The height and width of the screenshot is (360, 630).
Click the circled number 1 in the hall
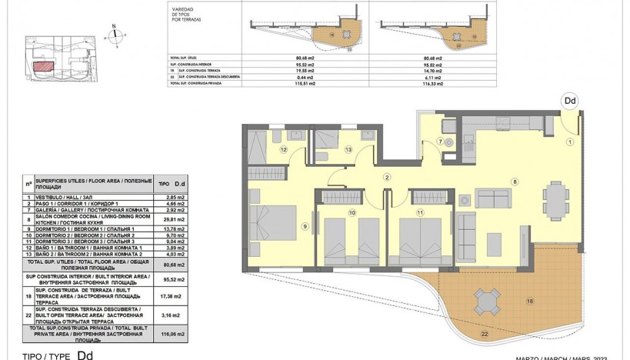pyautogui.click(x=570, y=142)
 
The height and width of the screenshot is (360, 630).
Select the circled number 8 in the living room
pyautogui.click(x=515, y=182)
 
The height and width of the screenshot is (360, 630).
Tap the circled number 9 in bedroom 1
pyautogui.click(x=305, y=225)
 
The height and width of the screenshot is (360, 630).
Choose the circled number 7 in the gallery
pyautogui.click(x=441, y=142)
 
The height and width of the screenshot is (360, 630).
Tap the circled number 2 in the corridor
pyautogui.click(x=387, y=178)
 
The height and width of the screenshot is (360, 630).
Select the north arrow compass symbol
pyautogui.click(x=114, y=32)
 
